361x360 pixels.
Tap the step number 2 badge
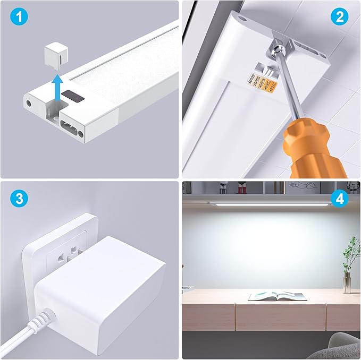[339, 17]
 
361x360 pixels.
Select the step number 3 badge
[19, 199]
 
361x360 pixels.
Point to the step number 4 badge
[339, 199]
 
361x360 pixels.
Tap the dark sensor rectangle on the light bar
[73, 96]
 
